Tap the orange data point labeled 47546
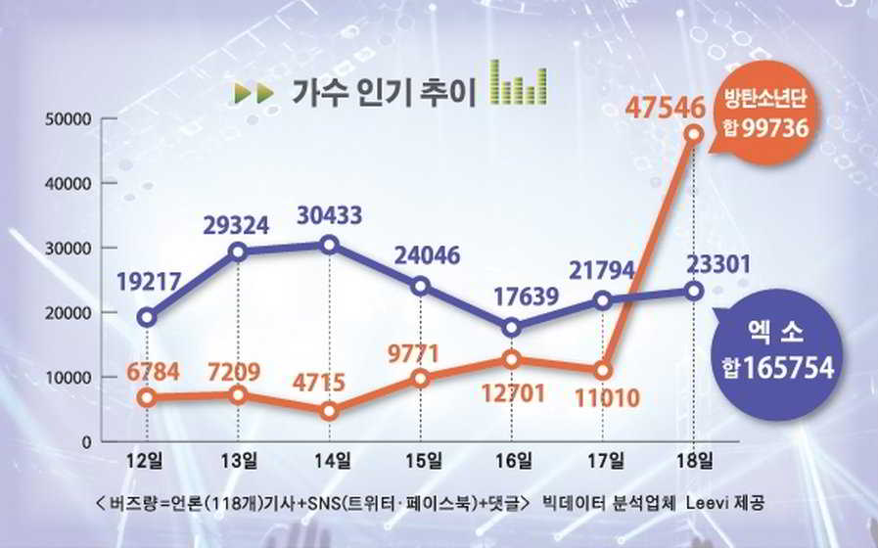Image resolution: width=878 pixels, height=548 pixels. click(x=694, y=133)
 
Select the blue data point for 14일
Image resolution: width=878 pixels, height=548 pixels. click(x=330, y=245)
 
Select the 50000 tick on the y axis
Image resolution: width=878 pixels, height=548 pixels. click(x=68, y=119)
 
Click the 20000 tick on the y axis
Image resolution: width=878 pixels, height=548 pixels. click(x=68, y=313)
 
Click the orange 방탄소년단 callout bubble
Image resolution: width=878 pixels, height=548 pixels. click(x=762, y=115)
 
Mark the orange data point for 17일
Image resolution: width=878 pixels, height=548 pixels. click(x=602, y=371)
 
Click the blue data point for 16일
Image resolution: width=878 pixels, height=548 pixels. click(x=512, y=328)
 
